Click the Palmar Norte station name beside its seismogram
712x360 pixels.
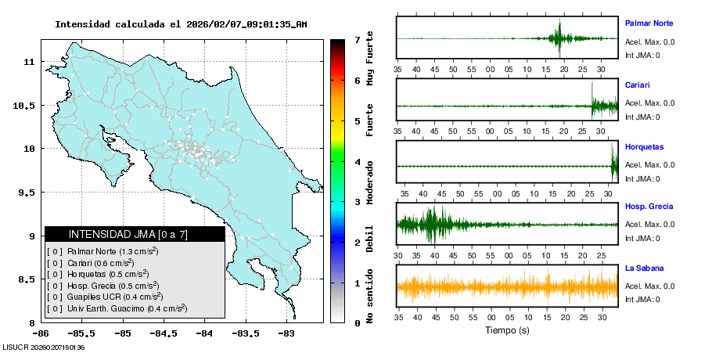pyautogui.click(x=649, y=23)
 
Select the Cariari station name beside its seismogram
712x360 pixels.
pyautogui.click(x=637, y=85)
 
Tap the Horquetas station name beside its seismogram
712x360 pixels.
pyautogui.click(x=644, y=146)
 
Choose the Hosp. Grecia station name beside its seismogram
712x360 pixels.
pyautogui.click(x=649, y=207)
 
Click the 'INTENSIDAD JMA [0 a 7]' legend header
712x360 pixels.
pyautogui.click(x=135, y=234)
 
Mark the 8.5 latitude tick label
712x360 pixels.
pyautogui.click(x=28, y=279)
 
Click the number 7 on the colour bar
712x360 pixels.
pyautogui.click(x=356, y=40)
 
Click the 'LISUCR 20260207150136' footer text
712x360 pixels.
pyautogui.click(x=43, y=347)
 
